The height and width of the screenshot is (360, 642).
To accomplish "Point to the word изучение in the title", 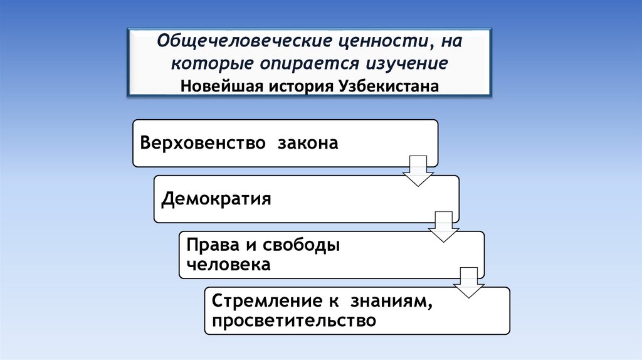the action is [x=405, y=63].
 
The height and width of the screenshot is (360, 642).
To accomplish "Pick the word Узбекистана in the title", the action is [x=389, y=84].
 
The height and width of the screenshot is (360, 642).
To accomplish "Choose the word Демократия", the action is [x=216, y=199].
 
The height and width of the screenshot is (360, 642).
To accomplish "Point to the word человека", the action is [x=228, y=265].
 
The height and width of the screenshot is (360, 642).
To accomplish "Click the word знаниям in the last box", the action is [x=391, y=302].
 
